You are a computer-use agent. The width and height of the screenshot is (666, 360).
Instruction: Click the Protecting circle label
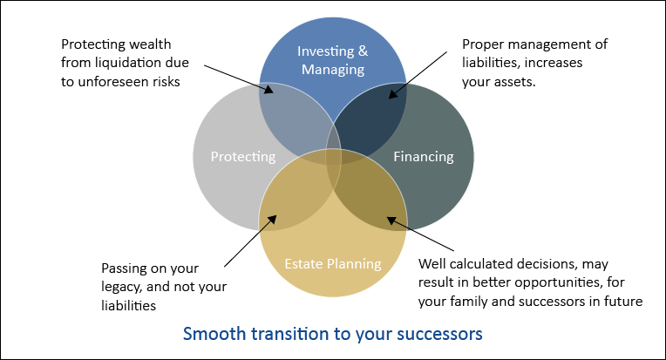[243, 157]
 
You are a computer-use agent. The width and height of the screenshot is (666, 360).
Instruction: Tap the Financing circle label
[424, 157]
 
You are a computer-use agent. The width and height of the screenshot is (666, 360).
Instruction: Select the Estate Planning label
[333, 263]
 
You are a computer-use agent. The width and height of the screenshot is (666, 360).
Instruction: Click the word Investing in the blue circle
[325, 51]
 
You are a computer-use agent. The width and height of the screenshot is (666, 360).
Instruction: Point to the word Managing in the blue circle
[333, 70]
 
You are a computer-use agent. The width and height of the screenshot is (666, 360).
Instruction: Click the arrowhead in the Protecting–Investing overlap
[268, 89]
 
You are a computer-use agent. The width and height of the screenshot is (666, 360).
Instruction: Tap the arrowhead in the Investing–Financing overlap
[393, 93]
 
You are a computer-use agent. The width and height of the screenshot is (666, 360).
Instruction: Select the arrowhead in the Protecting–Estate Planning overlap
[271, 220]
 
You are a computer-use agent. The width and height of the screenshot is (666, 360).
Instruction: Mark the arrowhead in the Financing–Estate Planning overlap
[391, 221]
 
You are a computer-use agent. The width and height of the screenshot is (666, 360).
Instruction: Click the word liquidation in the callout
[131, 63]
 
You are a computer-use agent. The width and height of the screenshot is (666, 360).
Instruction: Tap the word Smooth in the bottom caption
[214, 334]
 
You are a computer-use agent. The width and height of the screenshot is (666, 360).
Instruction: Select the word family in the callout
[468, 301]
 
